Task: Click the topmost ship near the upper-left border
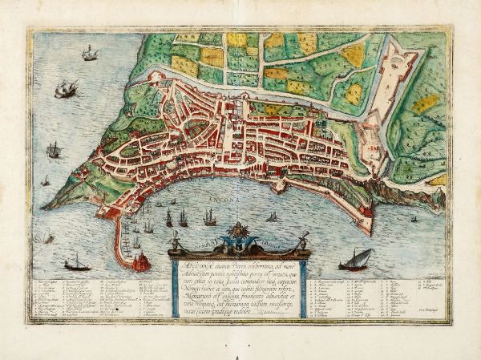90,53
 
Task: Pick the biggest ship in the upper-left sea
66,88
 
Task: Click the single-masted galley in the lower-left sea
77,261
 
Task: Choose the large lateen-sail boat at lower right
356,258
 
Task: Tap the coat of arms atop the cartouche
239,233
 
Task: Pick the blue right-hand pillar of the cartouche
303,285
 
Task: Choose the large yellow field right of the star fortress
426,103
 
